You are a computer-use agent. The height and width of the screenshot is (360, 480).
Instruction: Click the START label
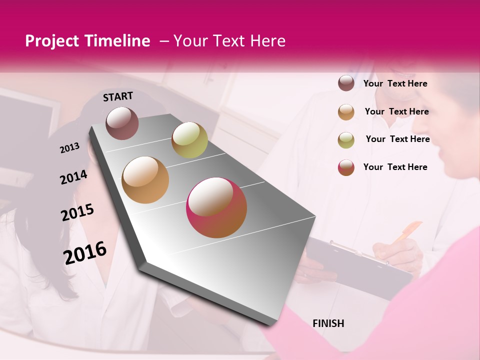click(x=118, y=96)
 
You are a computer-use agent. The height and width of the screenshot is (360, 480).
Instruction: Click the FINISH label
click(x=328, y=323)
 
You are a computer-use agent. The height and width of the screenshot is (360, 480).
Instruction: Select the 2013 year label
click(x=69, y=148)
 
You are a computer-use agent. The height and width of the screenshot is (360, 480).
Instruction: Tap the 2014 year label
click(x=73, y=177)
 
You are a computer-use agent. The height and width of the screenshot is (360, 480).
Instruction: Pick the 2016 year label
click(x=85, y=252)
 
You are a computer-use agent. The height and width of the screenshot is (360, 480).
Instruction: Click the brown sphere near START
click(x=122, y=123)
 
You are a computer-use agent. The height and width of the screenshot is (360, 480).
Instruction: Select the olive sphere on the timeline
click(x=189, y=139)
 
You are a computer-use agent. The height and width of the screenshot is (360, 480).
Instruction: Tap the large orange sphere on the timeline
click(x=145, y=179)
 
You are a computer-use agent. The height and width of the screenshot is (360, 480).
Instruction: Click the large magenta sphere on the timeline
click(x=216, y=207)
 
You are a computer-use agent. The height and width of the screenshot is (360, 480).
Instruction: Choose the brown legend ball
click(x=346, y=83)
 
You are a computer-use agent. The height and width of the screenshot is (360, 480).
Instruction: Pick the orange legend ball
click(x=346, y=111)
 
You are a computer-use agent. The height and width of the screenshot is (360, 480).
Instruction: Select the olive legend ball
click(x=346, y=139)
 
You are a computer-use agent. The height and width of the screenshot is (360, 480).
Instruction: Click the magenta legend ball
click(x=346, y=167)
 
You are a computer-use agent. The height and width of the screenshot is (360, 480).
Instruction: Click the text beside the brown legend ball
click(x=395, y=83)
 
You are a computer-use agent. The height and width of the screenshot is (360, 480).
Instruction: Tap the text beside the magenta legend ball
click(x=395, y=167)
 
